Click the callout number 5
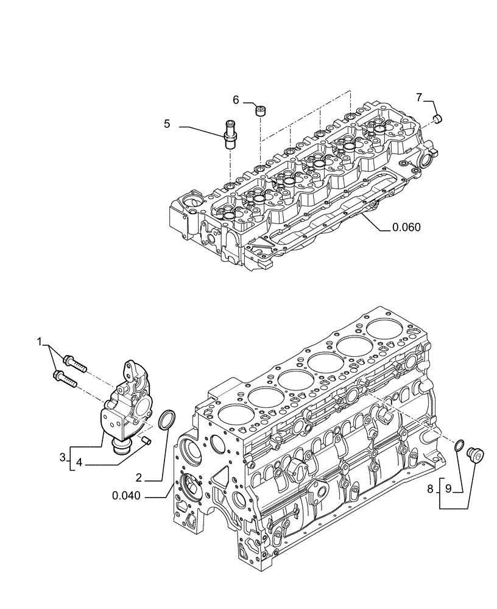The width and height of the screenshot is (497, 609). (166, 124)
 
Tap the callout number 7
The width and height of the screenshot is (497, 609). (419, 97)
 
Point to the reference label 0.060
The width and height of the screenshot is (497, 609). (406, 228)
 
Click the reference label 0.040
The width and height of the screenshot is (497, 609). (127, 496)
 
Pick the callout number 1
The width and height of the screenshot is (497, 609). (40, 343)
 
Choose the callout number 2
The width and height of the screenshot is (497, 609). (139, 477)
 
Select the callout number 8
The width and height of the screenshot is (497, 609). (431, 488)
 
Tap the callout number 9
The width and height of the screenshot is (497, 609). (448, 488)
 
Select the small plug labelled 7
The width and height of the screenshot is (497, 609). (437, 118)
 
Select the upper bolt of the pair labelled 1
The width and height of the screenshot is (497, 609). (72, 364)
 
